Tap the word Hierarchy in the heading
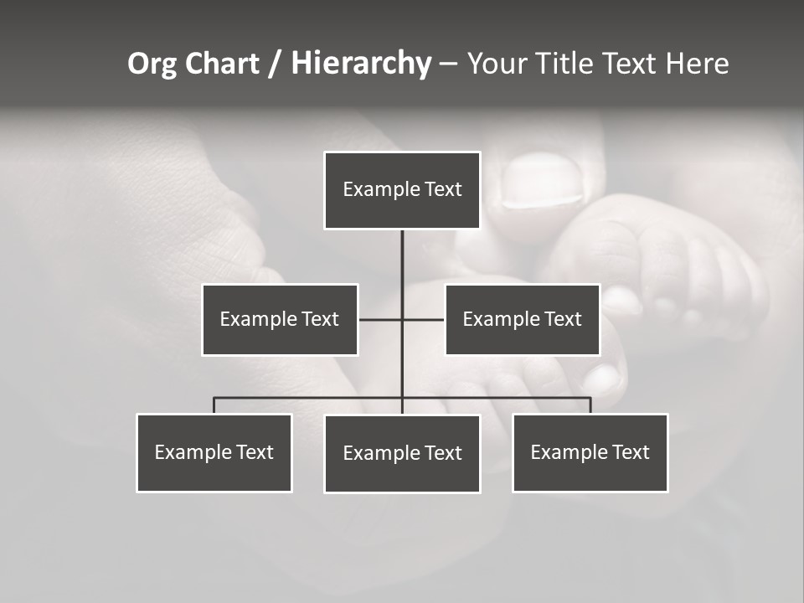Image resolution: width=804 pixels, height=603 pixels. pyautogui.click(x=361, y=64)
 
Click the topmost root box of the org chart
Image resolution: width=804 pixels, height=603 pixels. pyautogui.click(x=402, y=190)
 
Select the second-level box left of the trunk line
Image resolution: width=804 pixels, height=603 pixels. pyautogui.click(x=280, y=319)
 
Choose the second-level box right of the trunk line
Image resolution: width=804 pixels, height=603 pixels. pyautogui.click(x=523, y=319)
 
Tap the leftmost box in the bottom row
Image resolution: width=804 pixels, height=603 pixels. pyautogui.click(x=214, y=452)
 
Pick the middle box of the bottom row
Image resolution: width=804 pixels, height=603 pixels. pyautogui.click(x=402, y=453)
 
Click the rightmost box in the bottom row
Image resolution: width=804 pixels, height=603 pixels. pyautogui.click(x=590, y=452)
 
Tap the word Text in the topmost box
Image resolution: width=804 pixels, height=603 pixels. pyautogui.click(x=443, y=189)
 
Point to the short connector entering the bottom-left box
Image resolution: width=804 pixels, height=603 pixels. pyautogui.click(x=214, y=405)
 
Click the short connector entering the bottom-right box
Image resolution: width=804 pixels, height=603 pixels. pyautogui.click(x=590, y=405)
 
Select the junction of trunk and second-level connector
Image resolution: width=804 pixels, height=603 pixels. pyautogui.click(x=402, y=319)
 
